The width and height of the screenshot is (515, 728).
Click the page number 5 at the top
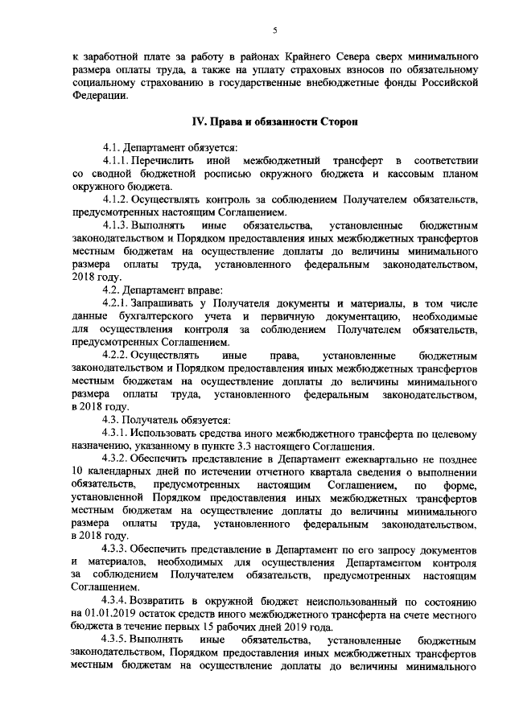[x=274, y=30]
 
